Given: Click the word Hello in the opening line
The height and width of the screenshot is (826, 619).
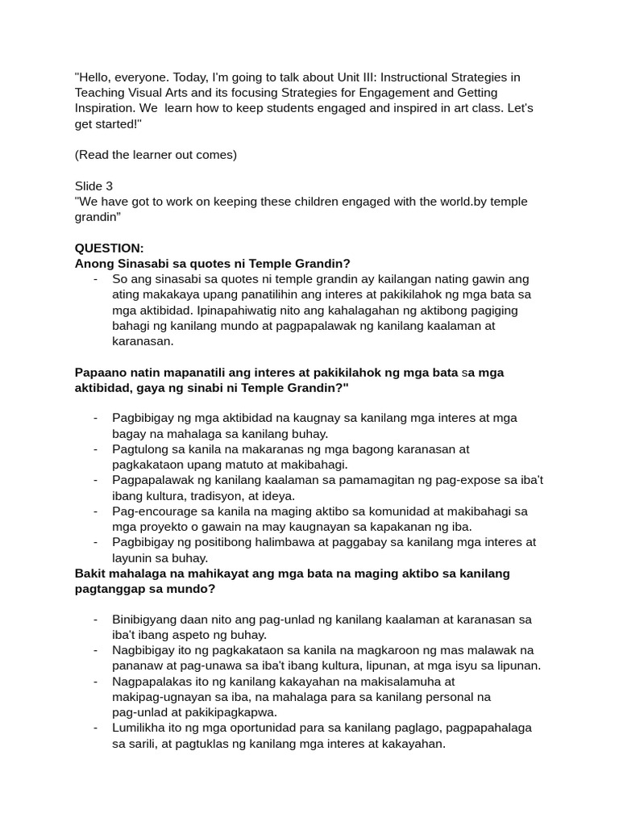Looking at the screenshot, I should [x=96, y=77].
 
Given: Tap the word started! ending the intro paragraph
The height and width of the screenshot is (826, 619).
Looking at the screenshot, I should [x=118, y=123].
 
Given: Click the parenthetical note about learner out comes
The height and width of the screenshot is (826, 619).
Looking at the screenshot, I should [x=156, y=155].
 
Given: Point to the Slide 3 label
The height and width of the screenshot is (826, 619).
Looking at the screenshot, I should [x=93, y=186].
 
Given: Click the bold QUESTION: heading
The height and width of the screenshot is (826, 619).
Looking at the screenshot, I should [x=109, y=248].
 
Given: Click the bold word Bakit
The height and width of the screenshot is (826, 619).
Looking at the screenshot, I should [x=90, y=574].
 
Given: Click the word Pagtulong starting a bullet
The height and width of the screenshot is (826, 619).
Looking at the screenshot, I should [x=141, y=449].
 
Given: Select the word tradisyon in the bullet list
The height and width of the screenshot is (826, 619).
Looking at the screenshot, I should [x=214, y=495].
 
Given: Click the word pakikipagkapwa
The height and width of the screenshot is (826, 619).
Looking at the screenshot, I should [x=233, y=712].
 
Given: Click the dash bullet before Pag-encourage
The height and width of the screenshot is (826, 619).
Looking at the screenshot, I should [x=95, y=511].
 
